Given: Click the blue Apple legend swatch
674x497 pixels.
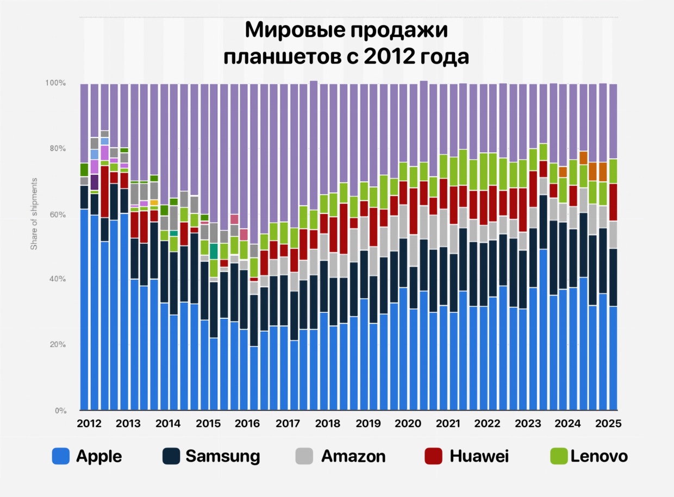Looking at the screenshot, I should (60, 456).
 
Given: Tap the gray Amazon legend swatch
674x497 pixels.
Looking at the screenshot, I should (305, 456).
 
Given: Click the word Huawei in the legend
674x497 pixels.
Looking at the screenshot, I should (479, 456).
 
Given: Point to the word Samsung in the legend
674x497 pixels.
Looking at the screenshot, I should (222, 456).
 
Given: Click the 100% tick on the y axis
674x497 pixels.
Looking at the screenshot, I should (55, 83).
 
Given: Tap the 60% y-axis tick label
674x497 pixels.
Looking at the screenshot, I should (57, 215).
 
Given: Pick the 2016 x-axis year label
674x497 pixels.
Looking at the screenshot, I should (247, 423).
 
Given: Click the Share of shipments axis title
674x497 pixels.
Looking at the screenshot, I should (34, 213).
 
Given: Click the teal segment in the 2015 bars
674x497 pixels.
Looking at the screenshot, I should (214, 251).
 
